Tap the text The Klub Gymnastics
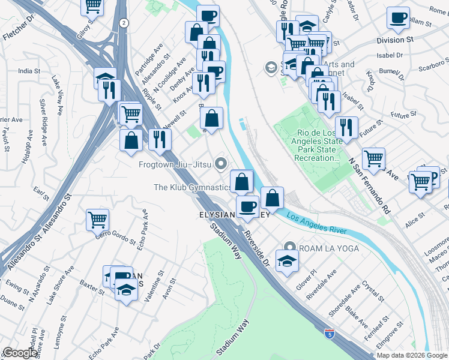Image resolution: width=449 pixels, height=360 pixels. (192, 187)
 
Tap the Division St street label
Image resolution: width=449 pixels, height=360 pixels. (395, 40)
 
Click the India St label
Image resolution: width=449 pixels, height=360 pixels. (29, 71)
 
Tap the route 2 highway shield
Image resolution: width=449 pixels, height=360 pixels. (123, 23)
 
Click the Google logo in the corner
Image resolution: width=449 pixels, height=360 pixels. (20, 353)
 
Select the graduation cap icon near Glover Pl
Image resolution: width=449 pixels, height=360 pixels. (288, 260)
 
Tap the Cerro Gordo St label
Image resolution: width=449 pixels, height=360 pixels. (116, 237)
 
